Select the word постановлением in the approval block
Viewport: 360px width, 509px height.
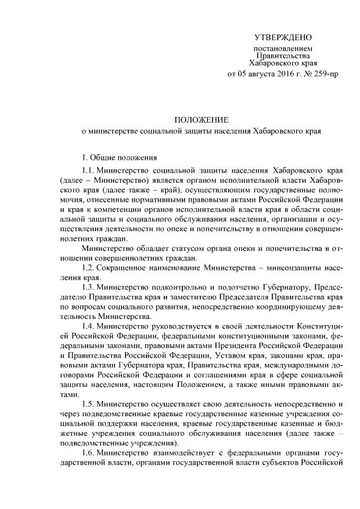tap(282, 49)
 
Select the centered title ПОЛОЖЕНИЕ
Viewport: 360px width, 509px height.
tap(201, 120)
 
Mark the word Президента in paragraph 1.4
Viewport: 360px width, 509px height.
tap(232, 347)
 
